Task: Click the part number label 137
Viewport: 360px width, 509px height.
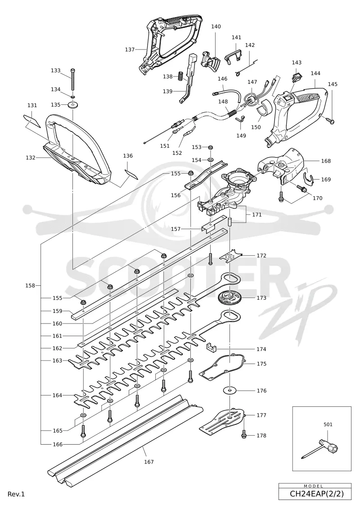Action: pos(130,50)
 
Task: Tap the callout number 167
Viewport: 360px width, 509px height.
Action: pos(148,462)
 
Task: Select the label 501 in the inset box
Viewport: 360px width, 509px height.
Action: pos(328,424)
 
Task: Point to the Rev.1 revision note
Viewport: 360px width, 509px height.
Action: pos(16,494)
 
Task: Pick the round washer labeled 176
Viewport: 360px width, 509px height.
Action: pos(230,390)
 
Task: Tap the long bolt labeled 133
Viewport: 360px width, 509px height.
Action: pos(73,80)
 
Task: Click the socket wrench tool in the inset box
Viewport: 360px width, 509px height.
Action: pos(321,449)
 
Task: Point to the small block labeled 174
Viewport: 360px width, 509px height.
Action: pos(211,347)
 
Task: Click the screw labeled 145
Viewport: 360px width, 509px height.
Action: pos(330,120)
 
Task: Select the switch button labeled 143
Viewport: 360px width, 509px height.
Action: pos(296,77)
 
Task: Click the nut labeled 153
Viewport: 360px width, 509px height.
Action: pos(210,147)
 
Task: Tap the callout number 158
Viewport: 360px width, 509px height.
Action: pos(30,286)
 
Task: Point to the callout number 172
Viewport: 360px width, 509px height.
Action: pos(261,256)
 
